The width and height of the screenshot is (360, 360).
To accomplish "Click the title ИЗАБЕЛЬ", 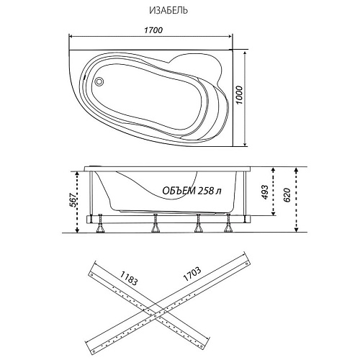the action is point(168,11).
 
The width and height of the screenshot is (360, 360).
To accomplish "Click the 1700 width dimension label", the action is point(153,30).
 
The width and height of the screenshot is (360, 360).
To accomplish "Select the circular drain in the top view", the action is point(99,81).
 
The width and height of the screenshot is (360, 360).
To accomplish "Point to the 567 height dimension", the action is point(73,201).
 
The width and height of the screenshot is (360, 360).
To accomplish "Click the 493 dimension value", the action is point(264,192).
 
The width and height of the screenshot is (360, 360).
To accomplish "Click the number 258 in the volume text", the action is point(206,191).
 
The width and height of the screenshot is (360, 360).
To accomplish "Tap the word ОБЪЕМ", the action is point(179,191).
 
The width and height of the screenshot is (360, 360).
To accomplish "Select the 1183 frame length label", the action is point(129,278).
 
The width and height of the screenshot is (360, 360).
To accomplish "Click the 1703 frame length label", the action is point(192,274).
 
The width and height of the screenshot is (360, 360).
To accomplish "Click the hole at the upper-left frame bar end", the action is point(91,274).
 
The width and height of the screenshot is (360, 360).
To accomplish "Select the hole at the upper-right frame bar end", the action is point(246,264).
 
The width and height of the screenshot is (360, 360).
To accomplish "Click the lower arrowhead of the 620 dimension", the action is point(297,229).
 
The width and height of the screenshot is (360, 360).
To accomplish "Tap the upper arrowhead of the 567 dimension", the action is point(77,174).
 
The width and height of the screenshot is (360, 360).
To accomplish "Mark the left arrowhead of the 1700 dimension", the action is point(71,36).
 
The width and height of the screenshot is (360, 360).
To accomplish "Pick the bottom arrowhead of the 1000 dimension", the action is point(245,144).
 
